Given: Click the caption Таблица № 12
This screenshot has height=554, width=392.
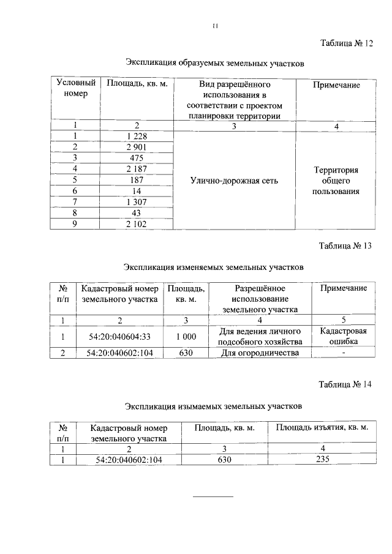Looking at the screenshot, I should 345,43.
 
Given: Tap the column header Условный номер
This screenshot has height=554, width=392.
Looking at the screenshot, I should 75,89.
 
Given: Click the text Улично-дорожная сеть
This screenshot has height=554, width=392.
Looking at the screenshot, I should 234,181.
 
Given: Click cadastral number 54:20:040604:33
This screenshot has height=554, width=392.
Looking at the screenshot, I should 119,336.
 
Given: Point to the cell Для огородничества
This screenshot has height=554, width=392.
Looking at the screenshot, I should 260,353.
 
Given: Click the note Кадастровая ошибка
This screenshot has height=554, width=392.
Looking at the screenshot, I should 343,336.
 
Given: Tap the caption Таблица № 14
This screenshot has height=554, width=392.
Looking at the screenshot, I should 345,384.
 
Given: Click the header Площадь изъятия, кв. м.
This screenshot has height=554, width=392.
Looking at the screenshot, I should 322,427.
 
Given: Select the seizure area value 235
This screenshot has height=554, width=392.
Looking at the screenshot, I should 322,459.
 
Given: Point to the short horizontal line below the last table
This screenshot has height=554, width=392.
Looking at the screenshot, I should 214,495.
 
